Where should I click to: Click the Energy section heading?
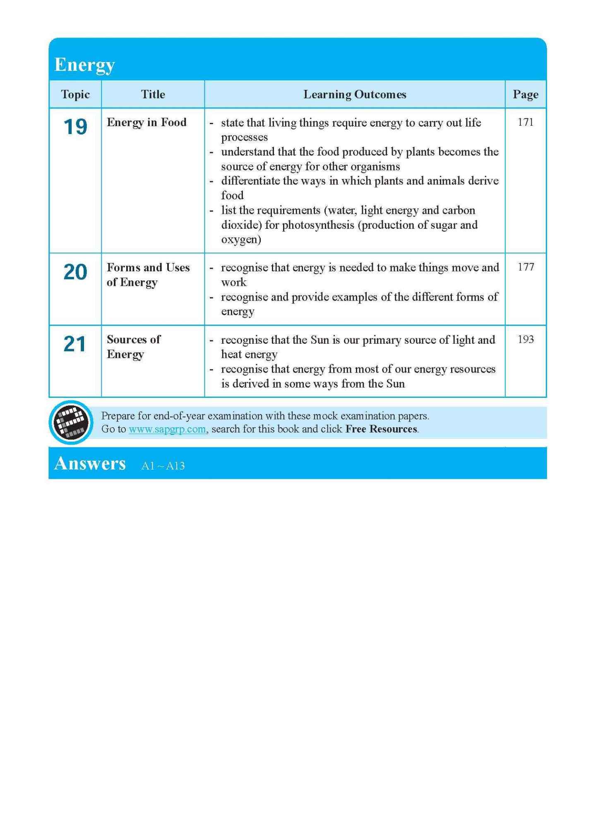tap(84, 65)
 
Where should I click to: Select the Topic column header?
tap(75, 94)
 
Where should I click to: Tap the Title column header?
tap(153, 94)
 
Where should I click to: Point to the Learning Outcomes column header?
tap(355, 94)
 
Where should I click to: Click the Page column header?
tap(525, 94)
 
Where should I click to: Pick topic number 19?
tap(75, 127)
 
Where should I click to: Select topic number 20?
tap(75, 272)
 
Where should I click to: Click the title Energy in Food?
tap(146, 122)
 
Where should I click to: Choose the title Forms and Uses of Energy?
tap(148, 275)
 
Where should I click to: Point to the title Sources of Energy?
tap(133, 347)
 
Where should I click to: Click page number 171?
tap(525, 122)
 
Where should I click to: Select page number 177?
tap(525, 267)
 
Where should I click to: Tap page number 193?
tap(525, 340)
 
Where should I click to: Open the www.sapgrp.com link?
tap(167, 429)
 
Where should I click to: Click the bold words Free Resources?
tap(381, 429)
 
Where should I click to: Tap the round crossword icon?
tap(71, 422)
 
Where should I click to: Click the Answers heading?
tap(90, 464)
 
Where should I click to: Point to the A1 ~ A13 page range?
tap(163, 466)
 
